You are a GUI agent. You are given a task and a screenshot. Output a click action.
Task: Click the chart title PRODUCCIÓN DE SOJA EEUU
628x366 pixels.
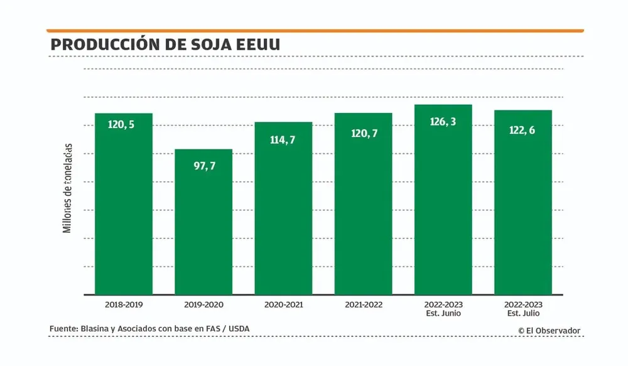click(x=165, y=45)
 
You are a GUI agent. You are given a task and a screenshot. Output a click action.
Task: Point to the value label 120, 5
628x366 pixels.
click(x=121, y=124)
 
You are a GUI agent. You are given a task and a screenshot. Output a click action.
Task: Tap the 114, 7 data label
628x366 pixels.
click(x=283, y=140)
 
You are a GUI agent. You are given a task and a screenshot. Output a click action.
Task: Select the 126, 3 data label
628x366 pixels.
click(x=443, y=122)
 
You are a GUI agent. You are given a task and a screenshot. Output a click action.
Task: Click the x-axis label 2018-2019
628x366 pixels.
click(x=124, y=304)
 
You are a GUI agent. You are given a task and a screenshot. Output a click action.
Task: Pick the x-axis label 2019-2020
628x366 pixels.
click(x=203, y=304)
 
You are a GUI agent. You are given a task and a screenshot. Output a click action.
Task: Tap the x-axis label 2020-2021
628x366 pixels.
click(x=283, y=304)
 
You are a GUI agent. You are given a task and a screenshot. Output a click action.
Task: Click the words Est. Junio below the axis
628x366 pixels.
click(x=443, y=313)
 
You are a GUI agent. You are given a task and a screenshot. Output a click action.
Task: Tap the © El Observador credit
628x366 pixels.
click(x=549, y=330)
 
